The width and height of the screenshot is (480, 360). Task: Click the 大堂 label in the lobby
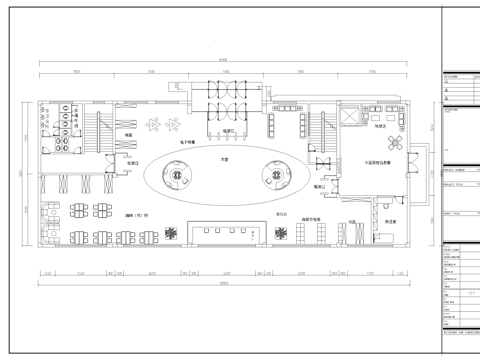coord(224,159)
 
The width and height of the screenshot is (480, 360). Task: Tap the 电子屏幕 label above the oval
coord(192,142)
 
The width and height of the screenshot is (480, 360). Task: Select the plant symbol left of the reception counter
coord(173,232)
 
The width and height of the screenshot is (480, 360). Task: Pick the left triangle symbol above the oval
coord(153,124)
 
